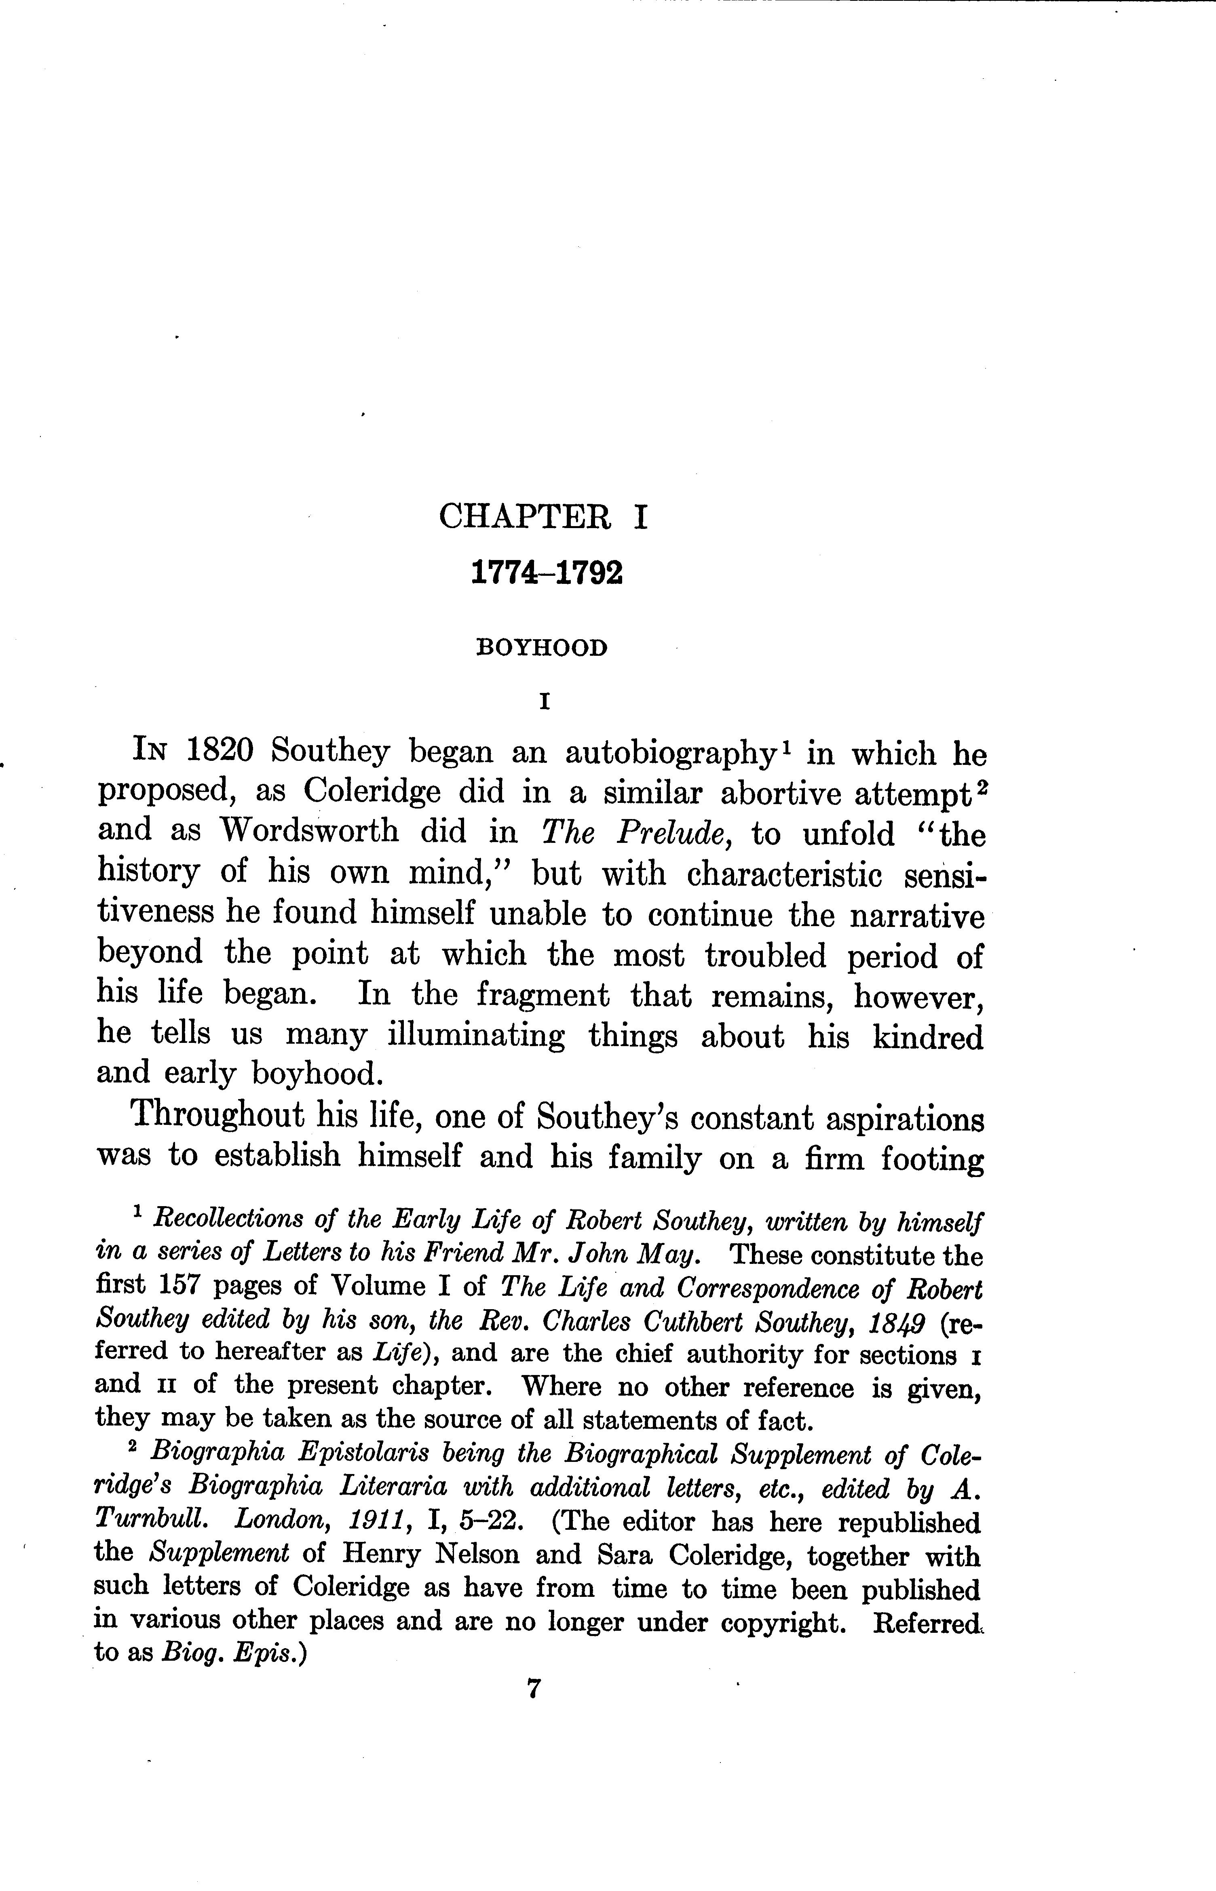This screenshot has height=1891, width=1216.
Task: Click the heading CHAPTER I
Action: click(543, 517)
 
